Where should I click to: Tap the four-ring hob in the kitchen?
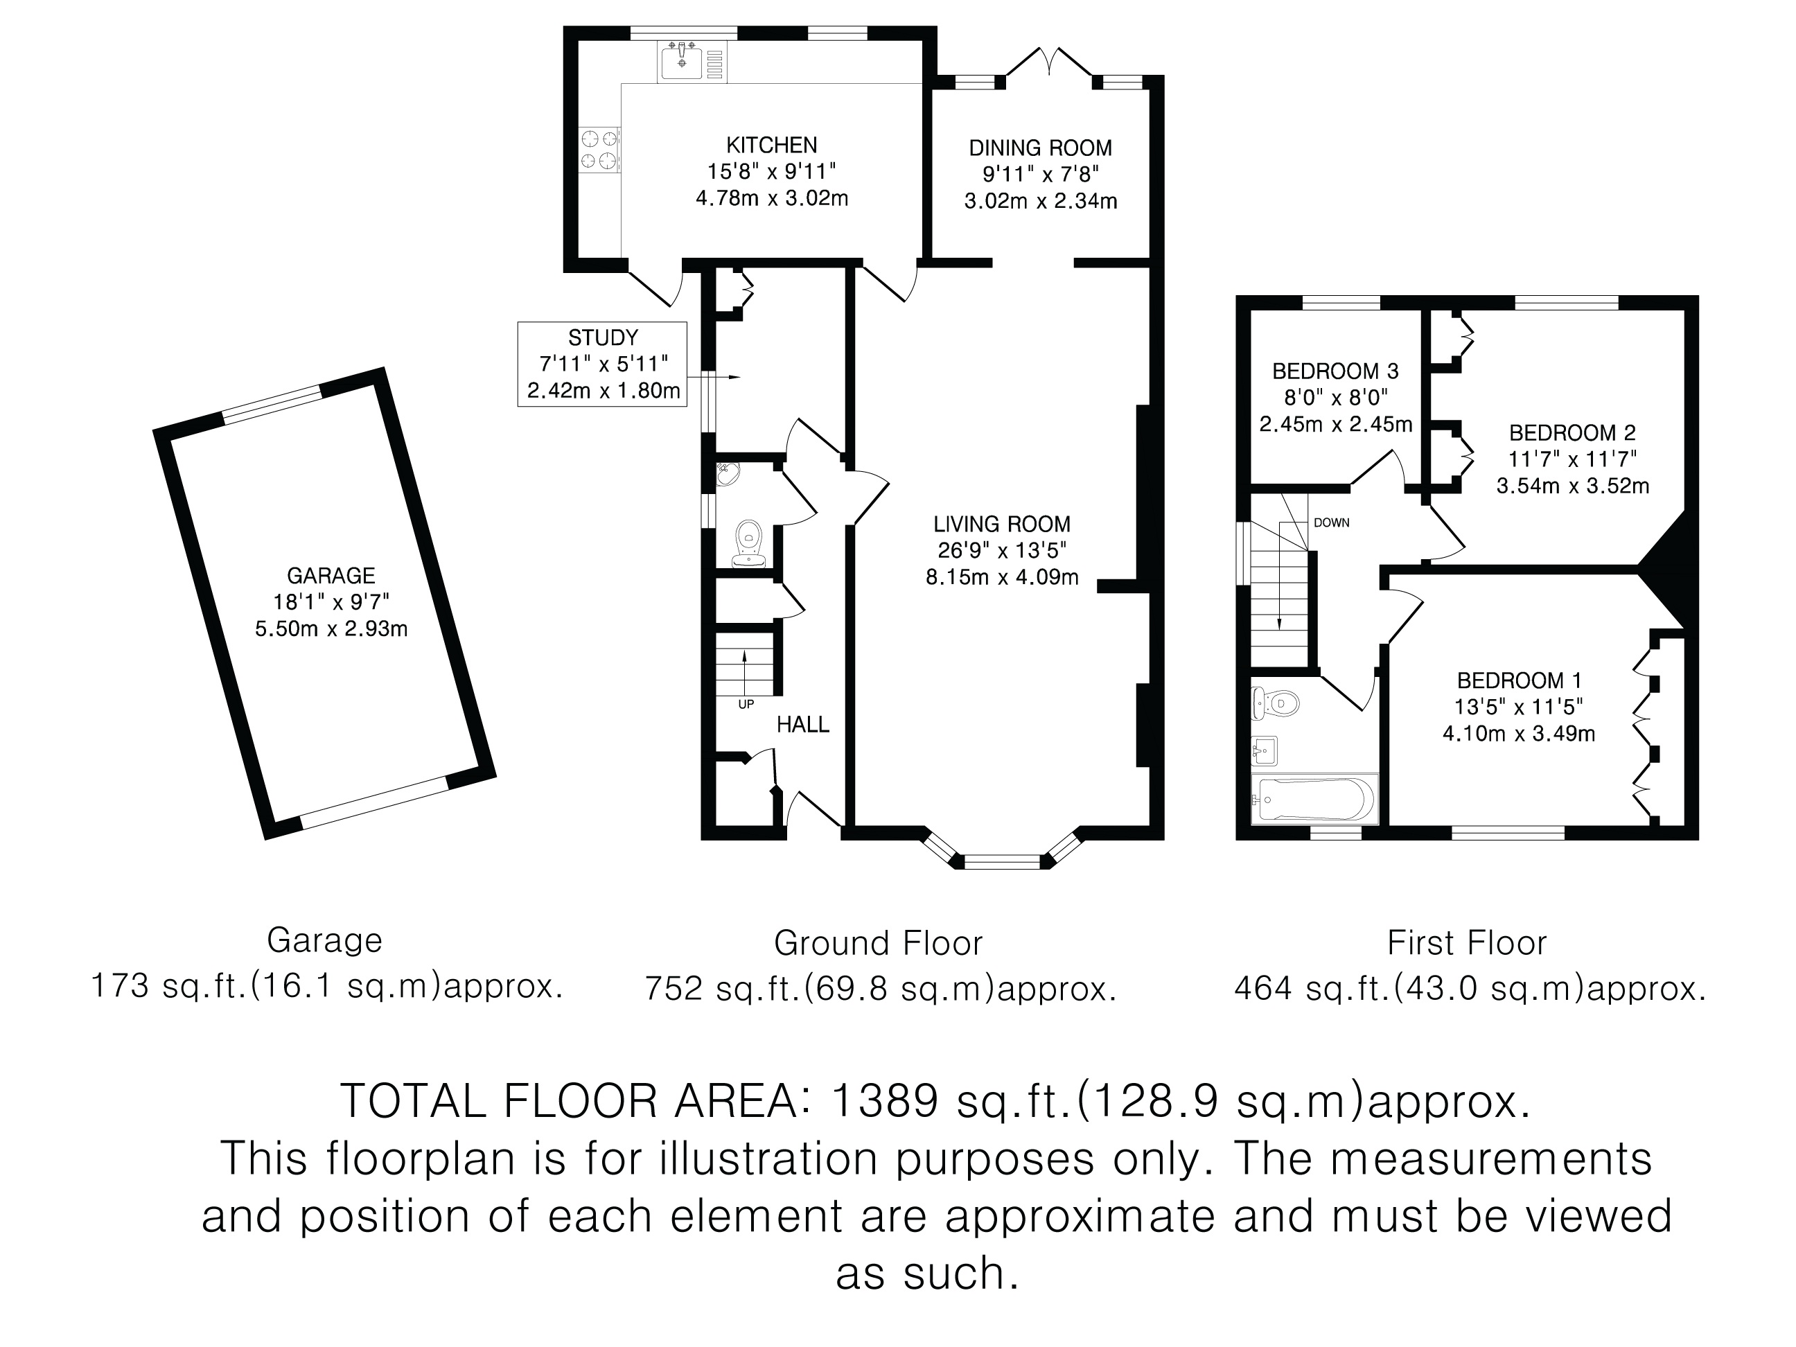coord(599,150)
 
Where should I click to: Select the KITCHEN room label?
coord(771,146)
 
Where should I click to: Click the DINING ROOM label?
coord(1040,148)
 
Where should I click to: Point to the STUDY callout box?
coord(602,364)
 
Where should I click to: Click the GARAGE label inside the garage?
coord(331,576)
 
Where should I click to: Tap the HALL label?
coord(803,724)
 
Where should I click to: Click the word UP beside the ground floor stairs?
coord(746,705)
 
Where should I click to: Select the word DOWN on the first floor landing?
coord(1332,523)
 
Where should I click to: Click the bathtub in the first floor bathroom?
coord(1314,799)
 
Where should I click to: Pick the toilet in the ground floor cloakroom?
coord(748,543)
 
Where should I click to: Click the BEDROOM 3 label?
coord(1336,371)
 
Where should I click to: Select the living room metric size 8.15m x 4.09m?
coord(1002,577)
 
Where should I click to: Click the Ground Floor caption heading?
coord(879,942)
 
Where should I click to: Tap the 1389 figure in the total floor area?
coord(884,1101)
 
